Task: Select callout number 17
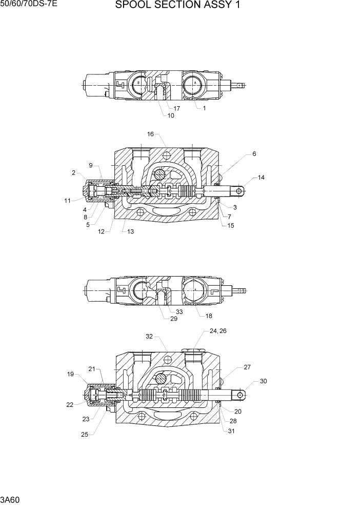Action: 176,108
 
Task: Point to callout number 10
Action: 171,115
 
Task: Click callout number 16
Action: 151,134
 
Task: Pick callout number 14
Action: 261,178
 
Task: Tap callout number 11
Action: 67,201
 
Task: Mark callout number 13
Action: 131,231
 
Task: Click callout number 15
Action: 231,225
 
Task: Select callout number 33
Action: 179,311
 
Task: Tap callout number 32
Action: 149,337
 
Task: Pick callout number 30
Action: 264,381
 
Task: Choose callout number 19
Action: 70,374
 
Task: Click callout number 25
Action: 84,435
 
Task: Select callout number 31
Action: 231,430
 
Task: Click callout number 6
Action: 254,153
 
